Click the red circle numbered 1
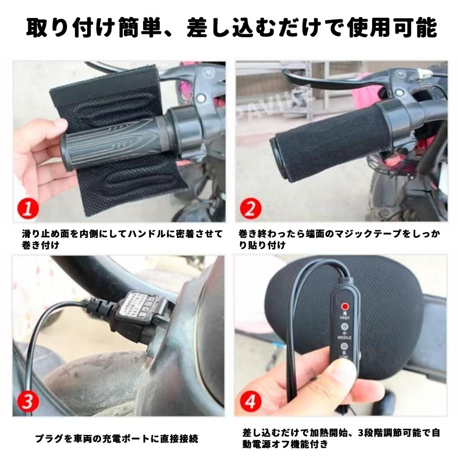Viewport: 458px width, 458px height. pyautogui.click(x=28, y=209)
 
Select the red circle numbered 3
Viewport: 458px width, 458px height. pyautogui.click(x=28, y=401)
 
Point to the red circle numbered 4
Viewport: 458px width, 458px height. pyautogui.click(x=250, y=401)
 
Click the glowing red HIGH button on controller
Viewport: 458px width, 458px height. pyautogui.click(x=345, y=307)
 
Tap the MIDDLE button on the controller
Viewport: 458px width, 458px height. pyautogui.click(x=345, y=327)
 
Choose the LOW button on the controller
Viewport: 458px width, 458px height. pyautogui.click(x=345, y=346)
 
